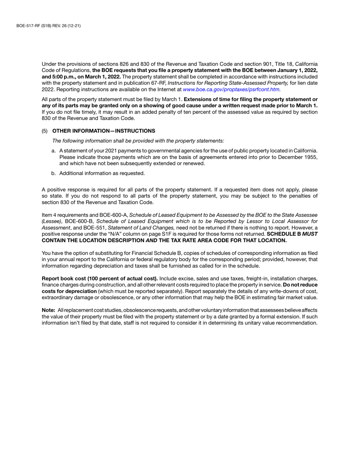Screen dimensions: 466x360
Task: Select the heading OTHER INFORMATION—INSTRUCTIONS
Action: (103, 131)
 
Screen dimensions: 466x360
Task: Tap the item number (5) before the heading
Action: (45, 131)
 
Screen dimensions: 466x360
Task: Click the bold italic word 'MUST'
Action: (310, 234)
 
